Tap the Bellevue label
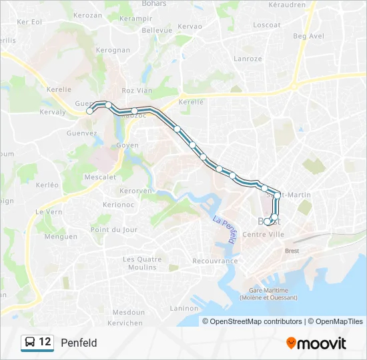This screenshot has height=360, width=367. pyautogui.click(x=157, y=30)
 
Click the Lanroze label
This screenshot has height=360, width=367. pyautogui.click(x=248, y=59)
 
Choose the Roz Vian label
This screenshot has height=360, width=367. pyautogui.click(x=137, y=91)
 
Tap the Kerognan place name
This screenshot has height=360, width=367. pyautogui.click(x=113, y=50)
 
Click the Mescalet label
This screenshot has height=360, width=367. pyautogui.click(x=100, y=177)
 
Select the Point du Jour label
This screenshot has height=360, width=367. pyautogui.click(x=114, y=229)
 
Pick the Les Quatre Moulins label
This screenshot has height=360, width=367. pyautogui.click(x=143, y=263)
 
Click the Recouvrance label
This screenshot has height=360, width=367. pyautogui.click(x=215, y=261)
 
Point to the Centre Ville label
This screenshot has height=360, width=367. pyautogui.click(x=263, y=234)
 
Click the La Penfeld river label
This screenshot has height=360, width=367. pyautogui.click(x=225, y=230)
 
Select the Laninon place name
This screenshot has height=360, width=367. pyautogui.click(x=184, y=308)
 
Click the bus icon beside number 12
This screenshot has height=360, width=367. pyautogui.click(x=30, y=343)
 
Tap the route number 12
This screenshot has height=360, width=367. pyautogui.click(x=45, y=342)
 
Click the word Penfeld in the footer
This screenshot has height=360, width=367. pyautogui.click(x=79, y=343)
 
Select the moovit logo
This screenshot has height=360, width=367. pyautogui.click(x=316, y=343)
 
